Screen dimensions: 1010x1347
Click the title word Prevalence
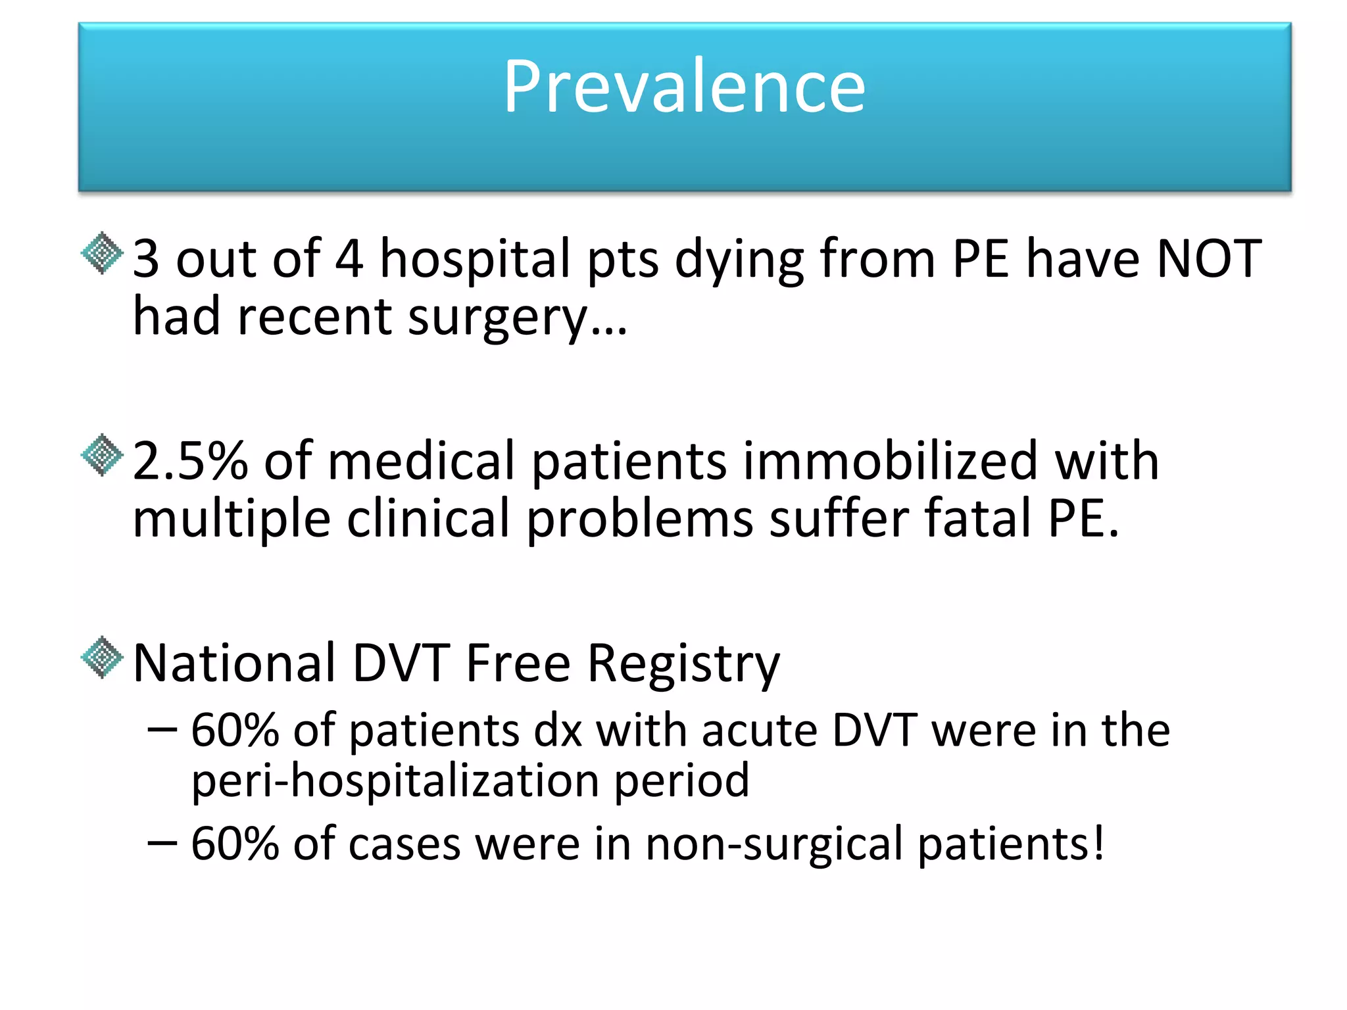coord(684,87)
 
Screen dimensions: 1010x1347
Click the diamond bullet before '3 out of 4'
coord(102,253)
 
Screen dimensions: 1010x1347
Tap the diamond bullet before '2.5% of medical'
coord(102,455)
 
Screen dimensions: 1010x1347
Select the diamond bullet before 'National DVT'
coord(102,657)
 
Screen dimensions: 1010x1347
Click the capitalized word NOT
coord(1209,259)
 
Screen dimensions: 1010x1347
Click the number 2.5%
coord(190,461)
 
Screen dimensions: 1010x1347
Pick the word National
coord(235,663)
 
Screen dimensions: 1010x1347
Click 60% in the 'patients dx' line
coord(235,731)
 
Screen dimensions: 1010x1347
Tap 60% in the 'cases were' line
coord(235,844)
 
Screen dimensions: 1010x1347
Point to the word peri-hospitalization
coord(395,781)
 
